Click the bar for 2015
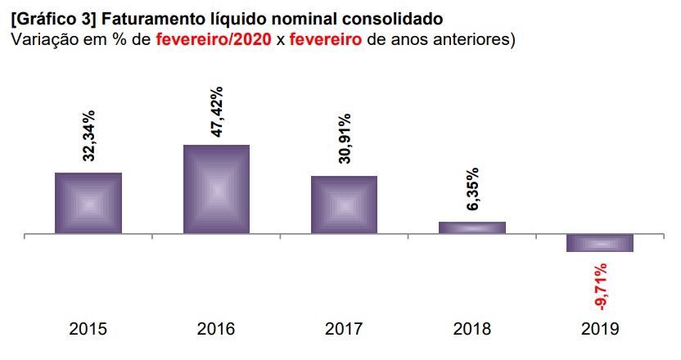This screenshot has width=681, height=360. pyautogui.click(x=88, y=204)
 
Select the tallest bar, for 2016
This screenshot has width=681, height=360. pyautogui.click(x=216, y=190)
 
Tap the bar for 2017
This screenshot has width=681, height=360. pyautogui.click(x=344, y=205)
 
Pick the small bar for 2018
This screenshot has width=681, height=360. pyautogui.click(x=471, y=227)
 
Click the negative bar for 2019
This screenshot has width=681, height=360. pyautogui.click(x=600, y=243)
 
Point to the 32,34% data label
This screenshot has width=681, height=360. pyautogui.click(x=88, y=136)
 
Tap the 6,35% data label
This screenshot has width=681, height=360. pyautogui.click(x=472, y=190)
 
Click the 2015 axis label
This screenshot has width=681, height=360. pyautogui.click(x=88, y=330)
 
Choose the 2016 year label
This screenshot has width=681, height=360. pyautogui.click(x=216, y=330)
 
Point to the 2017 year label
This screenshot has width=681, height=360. pyautogui.click(x=344, y=330)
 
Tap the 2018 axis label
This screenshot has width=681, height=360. pyautogui.click(x=471, y=330)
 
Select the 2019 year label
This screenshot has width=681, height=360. pyautogui.click(x=600, y=330)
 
